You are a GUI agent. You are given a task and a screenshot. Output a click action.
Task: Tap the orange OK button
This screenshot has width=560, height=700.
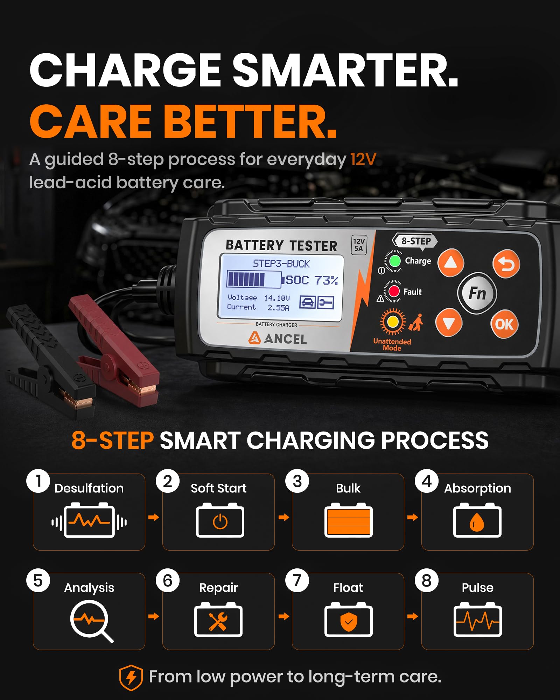(504, 324)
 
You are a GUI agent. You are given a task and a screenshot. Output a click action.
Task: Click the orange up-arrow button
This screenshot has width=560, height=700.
(451, 263)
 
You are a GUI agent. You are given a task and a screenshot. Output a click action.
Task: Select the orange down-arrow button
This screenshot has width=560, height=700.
(449, 323)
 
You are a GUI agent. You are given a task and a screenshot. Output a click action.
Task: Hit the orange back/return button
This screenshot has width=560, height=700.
(506, 264)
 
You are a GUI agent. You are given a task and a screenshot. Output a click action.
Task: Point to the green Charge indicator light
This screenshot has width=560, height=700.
(395, 261)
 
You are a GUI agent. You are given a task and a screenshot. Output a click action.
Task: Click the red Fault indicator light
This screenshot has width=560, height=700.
(394, 291)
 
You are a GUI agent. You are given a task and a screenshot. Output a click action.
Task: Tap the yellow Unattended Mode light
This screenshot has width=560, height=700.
(393, 321)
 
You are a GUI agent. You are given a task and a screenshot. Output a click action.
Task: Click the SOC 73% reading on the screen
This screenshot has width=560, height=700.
(312, 280)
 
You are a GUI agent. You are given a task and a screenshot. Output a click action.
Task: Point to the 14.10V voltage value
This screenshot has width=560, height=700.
(277, 298)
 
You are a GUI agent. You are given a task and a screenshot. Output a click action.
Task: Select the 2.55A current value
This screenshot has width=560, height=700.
(279, 308)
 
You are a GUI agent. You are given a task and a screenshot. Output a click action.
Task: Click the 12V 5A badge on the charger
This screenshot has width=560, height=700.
(359, 245)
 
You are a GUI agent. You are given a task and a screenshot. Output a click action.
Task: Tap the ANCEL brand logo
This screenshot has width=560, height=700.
(278, 338)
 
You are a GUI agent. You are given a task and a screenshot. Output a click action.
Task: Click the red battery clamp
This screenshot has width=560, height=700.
(115, 353)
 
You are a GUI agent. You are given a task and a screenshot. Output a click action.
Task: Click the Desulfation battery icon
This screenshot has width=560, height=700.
(89, 520)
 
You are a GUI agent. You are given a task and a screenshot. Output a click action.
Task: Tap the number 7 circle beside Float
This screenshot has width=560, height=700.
(297, 580)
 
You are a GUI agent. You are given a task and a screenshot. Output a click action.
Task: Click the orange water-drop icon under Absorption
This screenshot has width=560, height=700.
(477, 523)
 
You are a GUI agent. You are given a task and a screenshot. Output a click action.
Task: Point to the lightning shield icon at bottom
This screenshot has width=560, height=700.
(131, 678)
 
